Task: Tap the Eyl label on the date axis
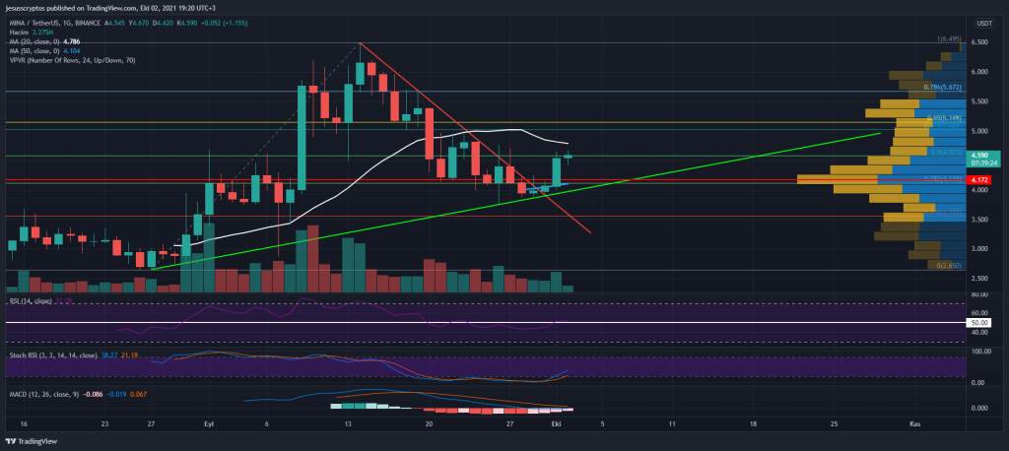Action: tap(208, 423)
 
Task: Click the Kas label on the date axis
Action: tap(915, 423)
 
